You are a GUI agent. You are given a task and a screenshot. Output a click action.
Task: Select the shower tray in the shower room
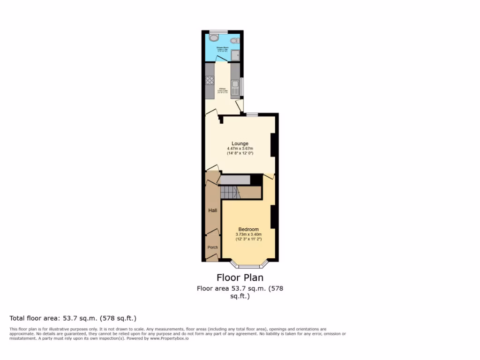coord(235,56)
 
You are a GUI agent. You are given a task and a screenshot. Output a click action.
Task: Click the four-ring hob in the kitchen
coord(210,81)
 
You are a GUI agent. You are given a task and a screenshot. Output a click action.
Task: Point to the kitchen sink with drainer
coord(234,87)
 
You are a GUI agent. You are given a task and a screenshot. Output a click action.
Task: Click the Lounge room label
coord(240,143)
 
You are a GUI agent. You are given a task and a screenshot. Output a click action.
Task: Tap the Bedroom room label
coord(248,229)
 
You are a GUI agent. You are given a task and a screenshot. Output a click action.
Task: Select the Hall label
coord(213,210)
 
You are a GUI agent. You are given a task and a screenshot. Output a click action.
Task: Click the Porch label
coord(213,247)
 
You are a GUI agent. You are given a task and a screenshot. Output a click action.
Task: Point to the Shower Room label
coord(222,48)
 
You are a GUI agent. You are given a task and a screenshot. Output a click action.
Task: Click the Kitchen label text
coord(223,89)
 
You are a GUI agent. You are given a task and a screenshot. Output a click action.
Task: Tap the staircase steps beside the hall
coord(228,192)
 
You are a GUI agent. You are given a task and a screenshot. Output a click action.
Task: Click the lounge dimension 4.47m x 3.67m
coord(240,149)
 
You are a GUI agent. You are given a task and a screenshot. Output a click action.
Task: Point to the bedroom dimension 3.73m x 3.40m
coord(248,234)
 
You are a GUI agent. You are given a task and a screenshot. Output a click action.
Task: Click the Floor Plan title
coord(240,277)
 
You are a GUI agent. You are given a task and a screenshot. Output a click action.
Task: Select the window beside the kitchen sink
coord(242,87)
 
